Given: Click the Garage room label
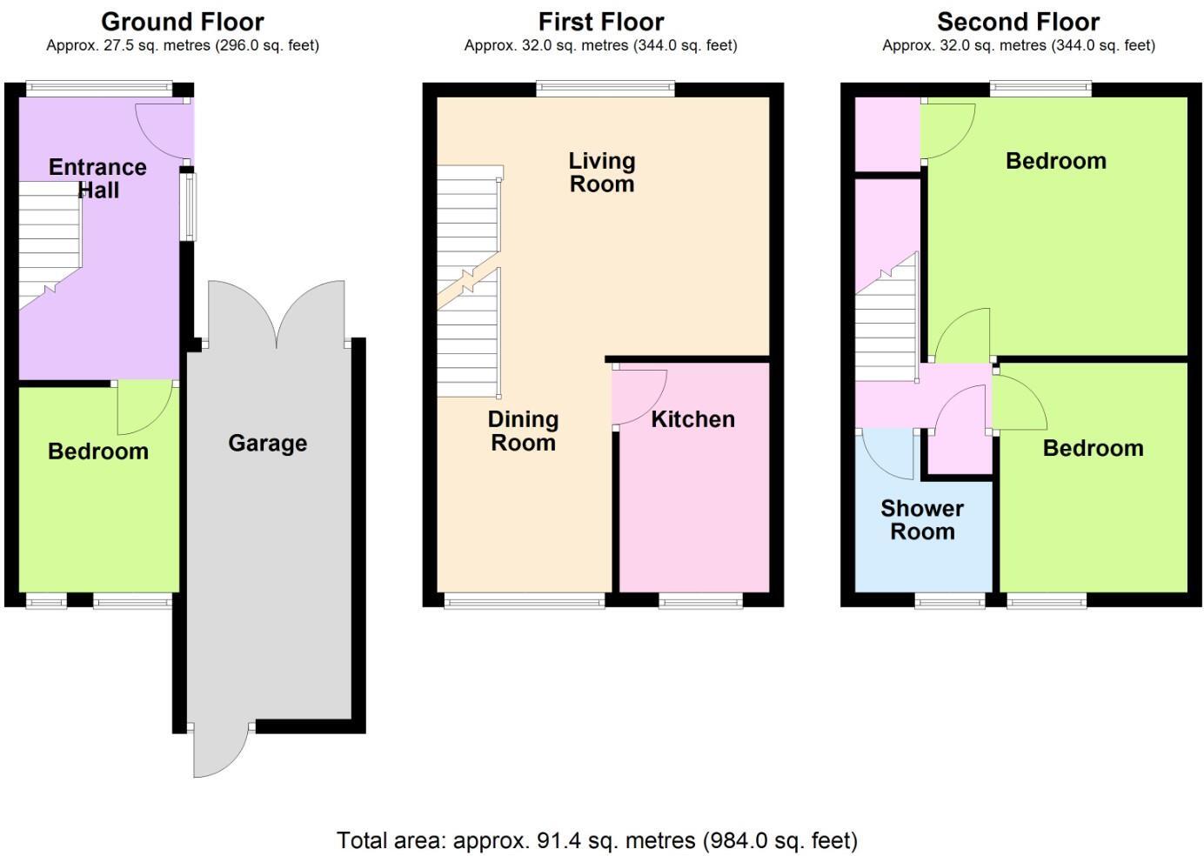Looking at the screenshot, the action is [x=267, y=444].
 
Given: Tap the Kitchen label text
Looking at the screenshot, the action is [x=692, y=419].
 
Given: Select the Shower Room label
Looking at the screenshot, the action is [x=922, y=519].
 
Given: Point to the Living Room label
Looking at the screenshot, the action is [x=601, y=172].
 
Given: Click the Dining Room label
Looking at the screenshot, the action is [x=523, y=431].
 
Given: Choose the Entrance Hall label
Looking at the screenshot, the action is [x=97, y=178].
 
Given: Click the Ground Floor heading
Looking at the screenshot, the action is [x=183, y=21].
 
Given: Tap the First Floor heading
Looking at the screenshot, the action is [x=601, y=21].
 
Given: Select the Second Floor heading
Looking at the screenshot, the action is [x=1018, y=21].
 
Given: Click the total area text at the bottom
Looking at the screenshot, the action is [x=597, y=840].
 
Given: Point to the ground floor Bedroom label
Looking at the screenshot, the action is [x=97, y=451].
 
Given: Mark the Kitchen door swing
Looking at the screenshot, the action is [x=639, y=396].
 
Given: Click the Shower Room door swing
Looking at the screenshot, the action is [x=886, y=454].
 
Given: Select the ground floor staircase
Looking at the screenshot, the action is [x=49, y=244].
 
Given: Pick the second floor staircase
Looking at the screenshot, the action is [x=886, y=322].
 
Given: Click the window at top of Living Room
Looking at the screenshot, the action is [x=605, y=88].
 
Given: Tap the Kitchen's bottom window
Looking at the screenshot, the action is [x=700, y=600].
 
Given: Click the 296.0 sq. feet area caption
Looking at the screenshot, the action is [x=183, y=45].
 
